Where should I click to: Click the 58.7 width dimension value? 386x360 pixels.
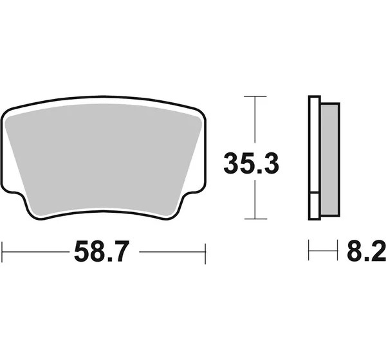(102, 251)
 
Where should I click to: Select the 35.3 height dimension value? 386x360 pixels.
(252, 163)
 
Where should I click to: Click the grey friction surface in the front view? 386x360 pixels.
(104, 160)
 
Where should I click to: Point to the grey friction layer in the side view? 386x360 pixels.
(330, 159)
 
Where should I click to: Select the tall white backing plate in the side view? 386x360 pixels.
(315, 144)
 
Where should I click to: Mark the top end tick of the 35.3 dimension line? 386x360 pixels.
(255, 96)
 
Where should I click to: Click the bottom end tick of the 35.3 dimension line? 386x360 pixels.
(255, 219)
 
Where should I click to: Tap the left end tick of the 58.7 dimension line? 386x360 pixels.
(2, 253)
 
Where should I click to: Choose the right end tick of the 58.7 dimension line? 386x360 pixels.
(205, 254)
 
